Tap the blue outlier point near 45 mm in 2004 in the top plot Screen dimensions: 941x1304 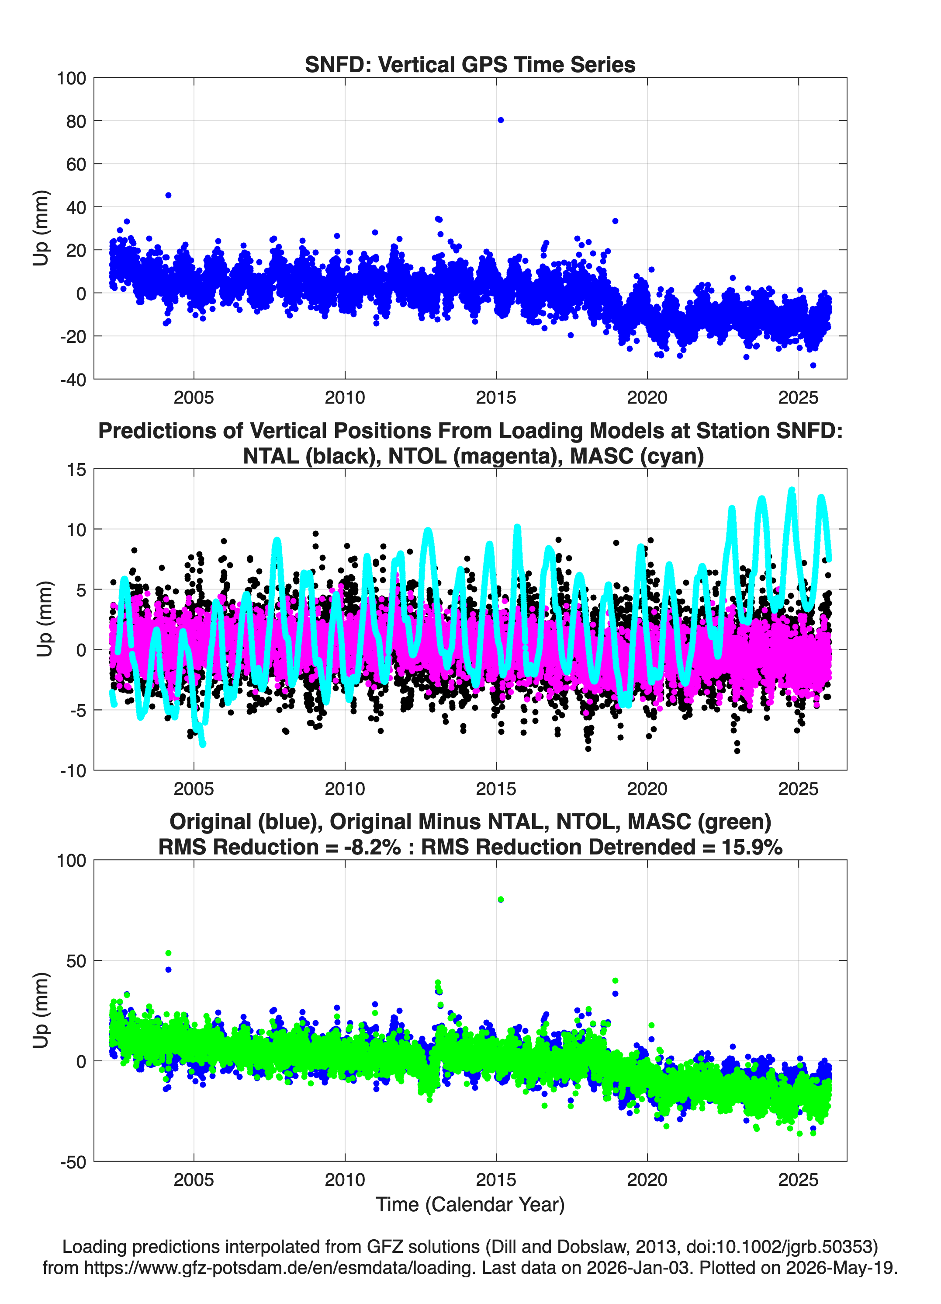tap(168, 195)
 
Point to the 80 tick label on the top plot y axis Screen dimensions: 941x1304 tap(76, 121)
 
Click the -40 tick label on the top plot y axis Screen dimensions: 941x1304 tap(73, 380)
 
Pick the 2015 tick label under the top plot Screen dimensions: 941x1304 tap(496, 397)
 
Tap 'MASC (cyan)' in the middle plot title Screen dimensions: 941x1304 tap(637, 456)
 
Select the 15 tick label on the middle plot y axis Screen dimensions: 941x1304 tap(76, 470)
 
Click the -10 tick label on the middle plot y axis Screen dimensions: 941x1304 tap(73, 771)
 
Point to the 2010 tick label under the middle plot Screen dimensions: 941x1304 tap(345, 789)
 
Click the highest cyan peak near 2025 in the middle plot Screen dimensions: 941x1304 tap(792, 491)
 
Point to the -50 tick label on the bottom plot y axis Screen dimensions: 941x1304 tap(73, 1162)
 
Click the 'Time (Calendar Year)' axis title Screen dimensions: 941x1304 tap(470, 1205)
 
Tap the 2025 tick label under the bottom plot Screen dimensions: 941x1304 tap(798, 1180)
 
